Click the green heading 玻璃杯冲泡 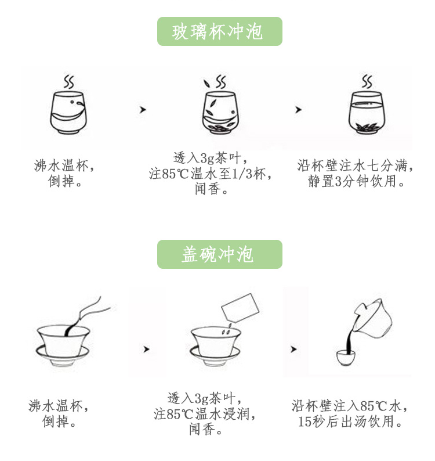click(219, 31)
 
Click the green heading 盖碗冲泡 click(219, 254)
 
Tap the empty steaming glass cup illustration click(68, 113)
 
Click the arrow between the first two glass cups click(143, 109)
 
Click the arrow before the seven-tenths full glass click(298, 109)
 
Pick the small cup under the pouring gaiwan click(346, 357)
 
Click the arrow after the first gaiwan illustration click(146, 349)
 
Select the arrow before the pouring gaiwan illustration click(293, 349)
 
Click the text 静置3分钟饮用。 click(356, 181)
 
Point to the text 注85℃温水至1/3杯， click(211, 174)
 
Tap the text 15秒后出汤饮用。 click(351, 422)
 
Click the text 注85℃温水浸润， click(205, 414)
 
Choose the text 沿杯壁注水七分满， click(356, 166)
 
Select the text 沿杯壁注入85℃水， click(351, 406)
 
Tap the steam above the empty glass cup click(68, 81)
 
